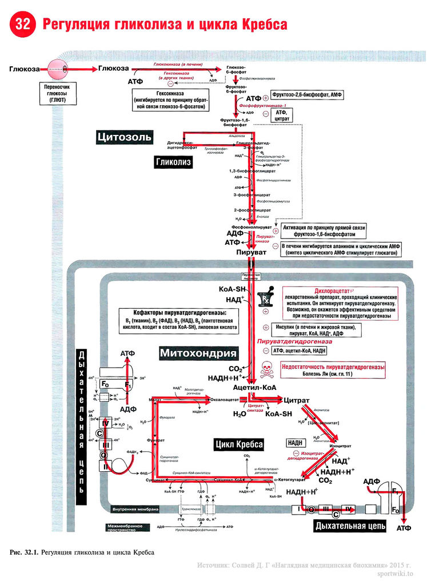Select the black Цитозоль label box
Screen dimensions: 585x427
125,137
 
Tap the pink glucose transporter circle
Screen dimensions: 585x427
57,69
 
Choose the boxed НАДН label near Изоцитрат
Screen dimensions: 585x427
296,443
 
